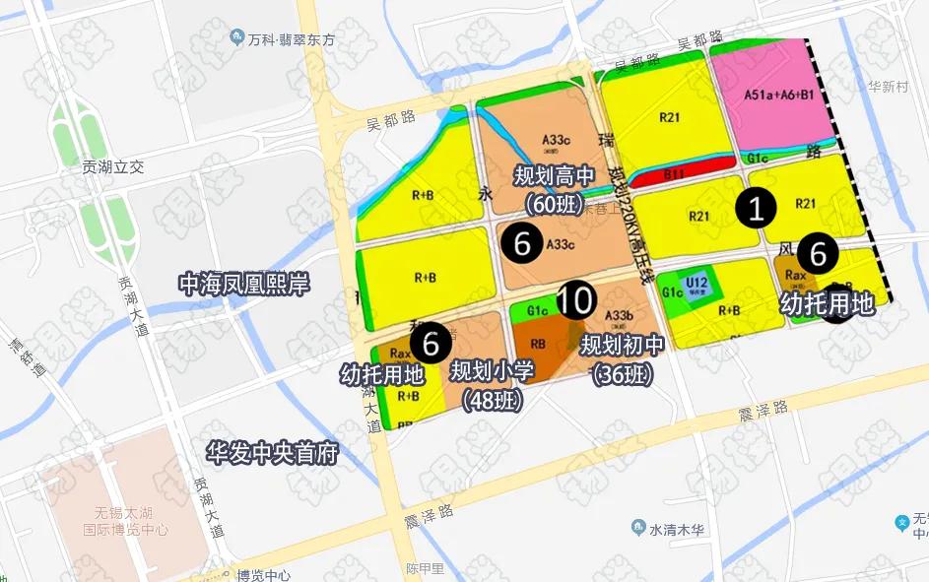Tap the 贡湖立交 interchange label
click(113, 167)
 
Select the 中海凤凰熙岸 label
click(243, 285)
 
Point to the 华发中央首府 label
click(271, 454)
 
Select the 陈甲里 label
click(425, 568)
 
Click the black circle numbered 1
click(755, 209)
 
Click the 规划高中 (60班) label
click(554, 189)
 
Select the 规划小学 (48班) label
click(492, 385)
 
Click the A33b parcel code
click(619, 316)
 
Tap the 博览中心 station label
click(263, 575)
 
